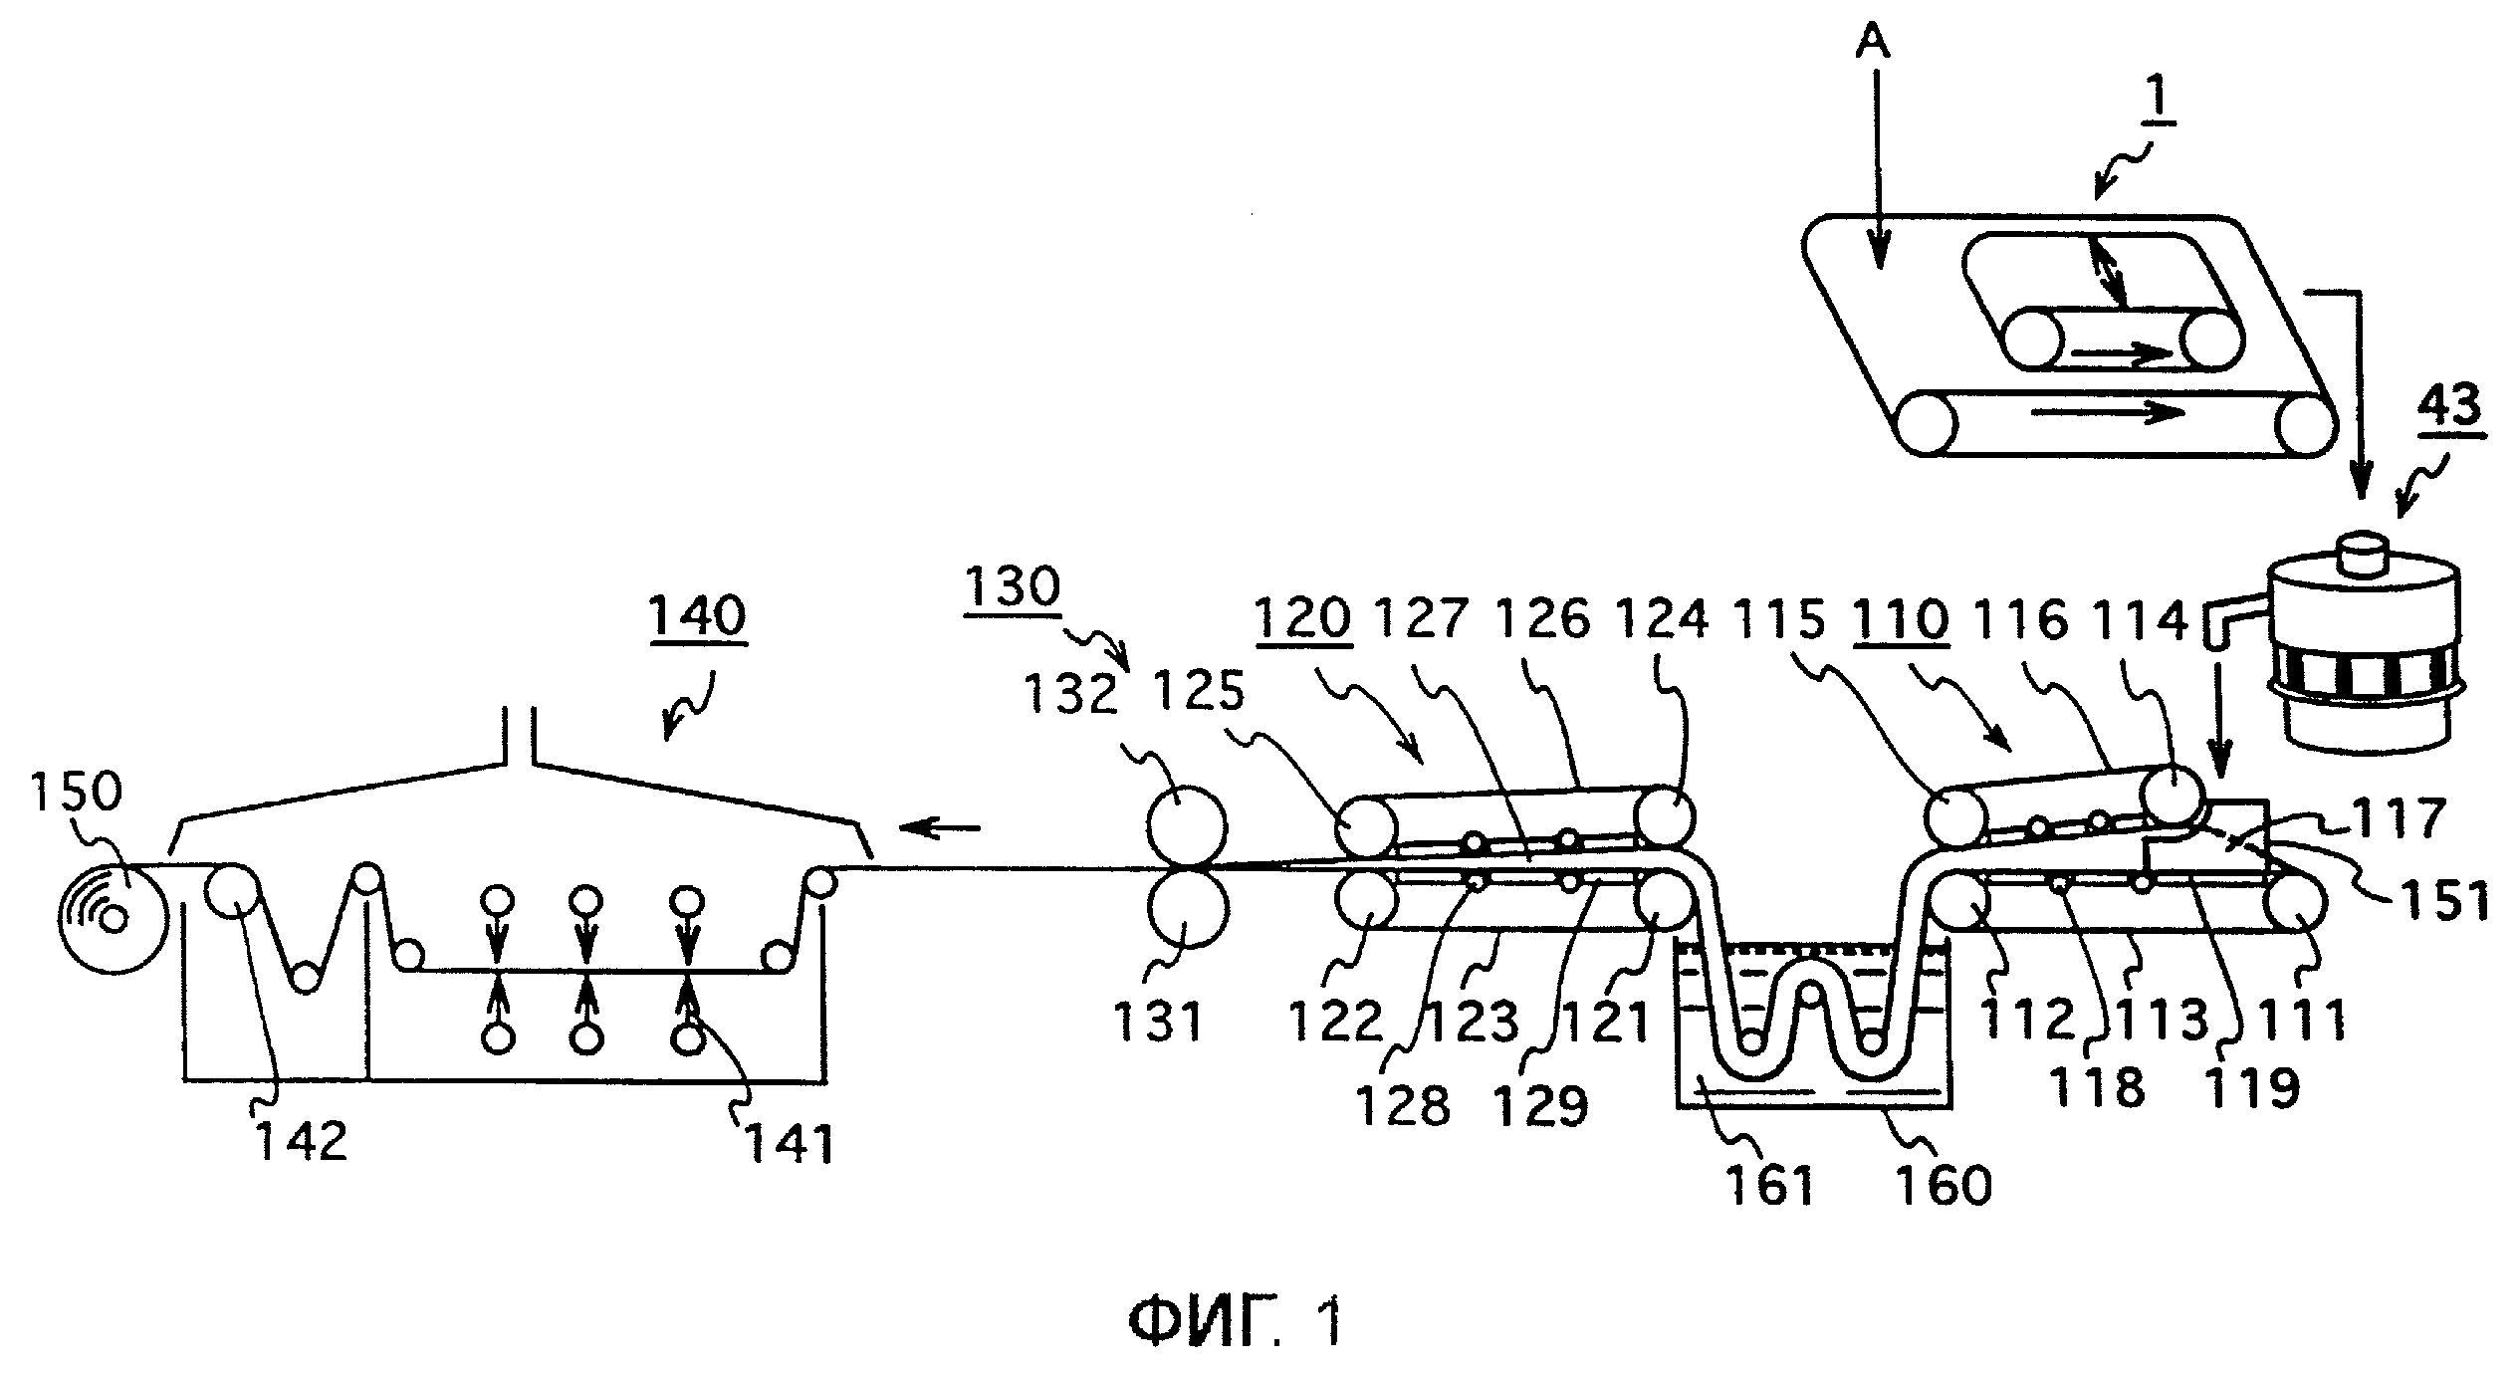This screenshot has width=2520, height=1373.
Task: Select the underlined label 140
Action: tap(697, 617)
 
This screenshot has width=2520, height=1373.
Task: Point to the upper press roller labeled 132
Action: tap(1188, 826)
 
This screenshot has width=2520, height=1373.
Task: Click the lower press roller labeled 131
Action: tap(1188, 908)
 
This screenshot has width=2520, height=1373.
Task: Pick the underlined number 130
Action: tap(1013, 586)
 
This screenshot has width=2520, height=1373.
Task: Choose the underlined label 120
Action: tap(1302, 618)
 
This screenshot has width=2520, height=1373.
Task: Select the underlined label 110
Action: tap(1899, 618)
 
